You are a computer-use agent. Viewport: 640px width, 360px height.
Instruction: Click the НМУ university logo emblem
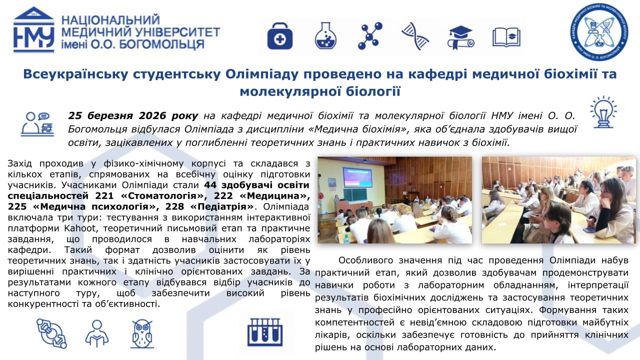coord(33,29)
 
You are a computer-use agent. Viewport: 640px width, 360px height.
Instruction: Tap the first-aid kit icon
coord(279,36)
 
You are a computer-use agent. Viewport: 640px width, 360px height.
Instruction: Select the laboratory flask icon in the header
coord(325,35)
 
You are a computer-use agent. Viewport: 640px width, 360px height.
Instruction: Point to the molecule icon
coord(370,36)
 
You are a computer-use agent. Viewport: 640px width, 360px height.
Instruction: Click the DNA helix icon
coord(415,36)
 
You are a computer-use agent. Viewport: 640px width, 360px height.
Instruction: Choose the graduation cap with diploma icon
coord(460,37)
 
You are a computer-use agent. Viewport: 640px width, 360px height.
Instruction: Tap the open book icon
coord(506,37)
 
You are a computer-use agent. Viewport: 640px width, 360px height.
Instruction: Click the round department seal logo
coord(599,32)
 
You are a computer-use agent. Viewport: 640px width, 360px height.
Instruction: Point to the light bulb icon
coord(603,112)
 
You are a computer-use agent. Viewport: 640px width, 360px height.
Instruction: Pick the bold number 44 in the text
coord(210,185)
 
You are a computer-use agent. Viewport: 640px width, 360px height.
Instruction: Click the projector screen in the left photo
coord(357,177)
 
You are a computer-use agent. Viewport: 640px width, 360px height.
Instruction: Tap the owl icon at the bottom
coord(142,333)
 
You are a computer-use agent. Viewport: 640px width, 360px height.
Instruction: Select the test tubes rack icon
coord(265,332)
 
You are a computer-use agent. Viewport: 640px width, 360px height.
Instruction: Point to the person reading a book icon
coord(97,333)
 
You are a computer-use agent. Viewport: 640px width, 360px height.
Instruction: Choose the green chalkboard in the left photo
coord(355,195)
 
